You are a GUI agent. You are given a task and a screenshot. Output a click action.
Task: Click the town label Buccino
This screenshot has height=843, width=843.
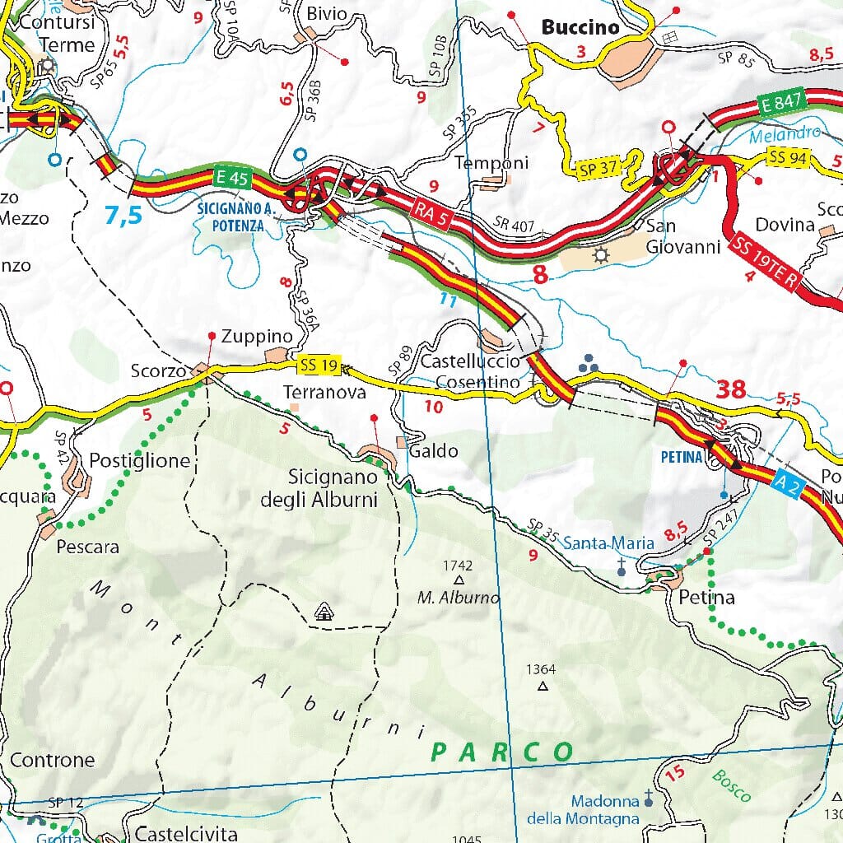pyautogui.click(x=580, y=27)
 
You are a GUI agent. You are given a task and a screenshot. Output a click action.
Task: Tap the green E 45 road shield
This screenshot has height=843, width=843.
pyautogui.click(x=231, y=176)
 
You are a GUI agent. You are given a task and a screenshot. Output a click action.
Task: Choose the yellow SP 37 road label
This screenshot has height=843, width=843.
pyautogui.click(x=597, y=168)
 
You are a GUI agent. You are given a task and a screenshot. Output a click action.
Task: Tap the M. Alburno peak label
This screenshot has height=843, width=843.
pyautogui.click(x=458, y=598)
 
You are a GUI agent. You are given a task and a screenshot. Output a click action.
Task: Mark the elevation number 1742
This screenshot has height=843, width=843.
pyautogui.click(x=458, y=566)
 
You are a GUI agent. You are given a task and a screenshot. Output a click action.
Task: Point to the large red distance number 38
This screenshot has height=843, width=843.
pyautogui.click(x=731, y=389)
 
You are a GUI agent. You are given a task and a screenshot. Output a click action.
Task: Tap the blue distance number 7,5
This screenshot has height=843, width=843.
pyautogui.click(x=123, y=216)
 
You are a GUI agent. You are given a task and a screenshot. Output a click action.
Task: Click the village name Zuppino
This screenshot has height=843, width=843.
pyautogui.click(x=257, y=337)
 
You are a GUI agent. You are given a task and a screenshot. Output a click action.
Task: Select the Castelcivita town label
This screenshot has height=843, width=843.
pyautogui.click(x=186, y=833)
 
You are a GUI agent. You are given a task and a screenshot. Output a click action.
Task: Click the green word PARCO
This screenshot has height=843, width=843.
pyautogui.click(x=503, y=752)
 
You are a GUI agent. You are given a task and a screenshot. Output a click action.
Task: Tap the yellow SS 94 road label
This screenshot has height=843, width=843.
pyautogui.click(x=789, y=156)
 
